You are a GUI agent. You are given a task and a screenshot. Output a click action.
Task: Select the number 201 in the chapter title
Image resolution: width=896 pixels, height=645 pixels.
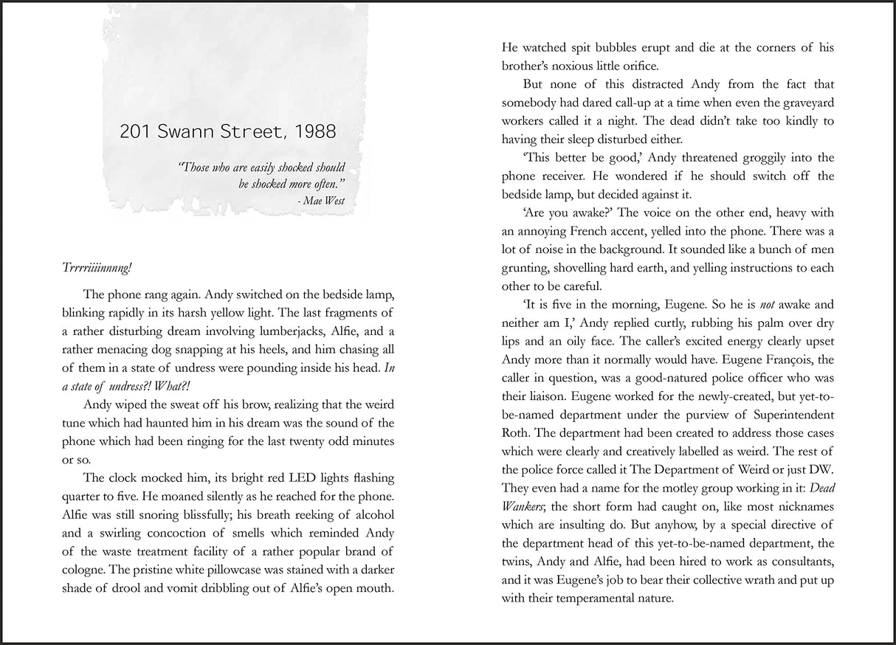(137, 132)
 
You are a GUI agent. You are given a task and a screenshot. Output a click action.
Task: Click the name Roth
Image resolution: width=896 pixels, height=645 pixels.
(517, 432)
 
